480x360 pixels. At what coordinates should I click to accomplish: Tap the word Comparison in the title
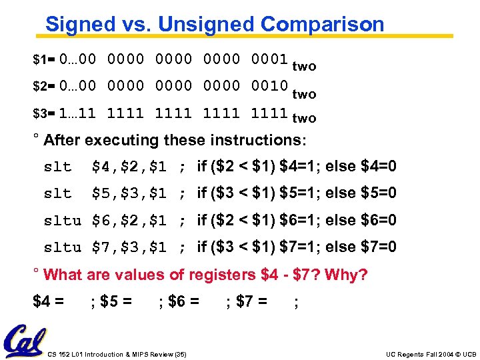pos(323,25)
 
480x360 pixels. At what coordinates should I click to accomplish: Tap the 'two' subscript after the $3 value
pos(304,119)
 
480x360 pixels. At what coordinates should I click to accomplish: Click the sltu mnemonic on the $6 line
pos(62,221)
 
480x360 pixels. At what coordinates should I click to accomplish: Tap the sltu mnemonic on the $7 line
pos(62,247)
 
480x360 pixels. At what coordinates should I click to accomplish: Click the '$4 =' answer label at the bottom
pos(49,302)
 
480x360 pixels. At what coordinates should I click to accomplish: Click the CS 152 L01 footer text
pos(117,354)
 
